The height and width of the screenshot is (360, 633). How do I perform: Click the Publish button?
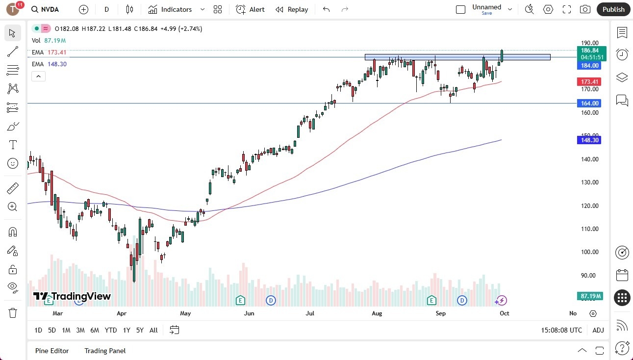pyautogui.click(x=613, y=9)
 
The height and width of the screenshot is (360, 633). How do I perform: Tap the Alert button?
pyautogui.click(x=250, y=9)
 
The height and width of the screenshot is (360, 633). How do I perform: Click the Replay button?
pyautogui.click(x=292, y=9)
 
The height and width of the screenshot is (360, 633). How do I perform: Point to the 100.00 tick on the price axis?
pyautogui.click(x=589, y=252)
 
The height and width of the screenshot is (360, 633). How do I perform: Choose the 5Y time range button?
pyautogui.click(x=140, y=330)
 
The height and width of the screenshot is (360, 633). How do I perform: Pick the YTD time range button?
pyautogui.click(x=111, y=330)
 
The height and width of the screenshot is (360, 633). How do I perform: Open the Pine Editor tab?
pyautogui.click(x=52, y=351)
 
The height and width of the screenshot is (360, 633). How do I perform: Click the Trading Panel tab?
pyautogui.click(x=105, y=351)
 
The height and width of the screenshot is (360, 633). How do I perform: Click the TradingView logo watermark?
pyautogui.click(x=72, y=296)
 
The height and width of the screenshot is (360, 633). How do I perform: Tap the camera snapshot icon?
pyautogui.click(x=585, y=9)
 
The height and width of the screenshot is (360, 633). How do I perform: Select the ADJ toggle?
pyautogui.click(x=598, y=330)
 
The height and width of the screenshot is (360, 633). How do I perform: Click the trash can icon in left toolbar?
pyautogui.click(x=13, y=313)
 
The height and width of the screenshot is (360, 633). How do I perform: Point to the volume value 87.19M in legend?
pyautogui.click(x=55, y=41)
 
